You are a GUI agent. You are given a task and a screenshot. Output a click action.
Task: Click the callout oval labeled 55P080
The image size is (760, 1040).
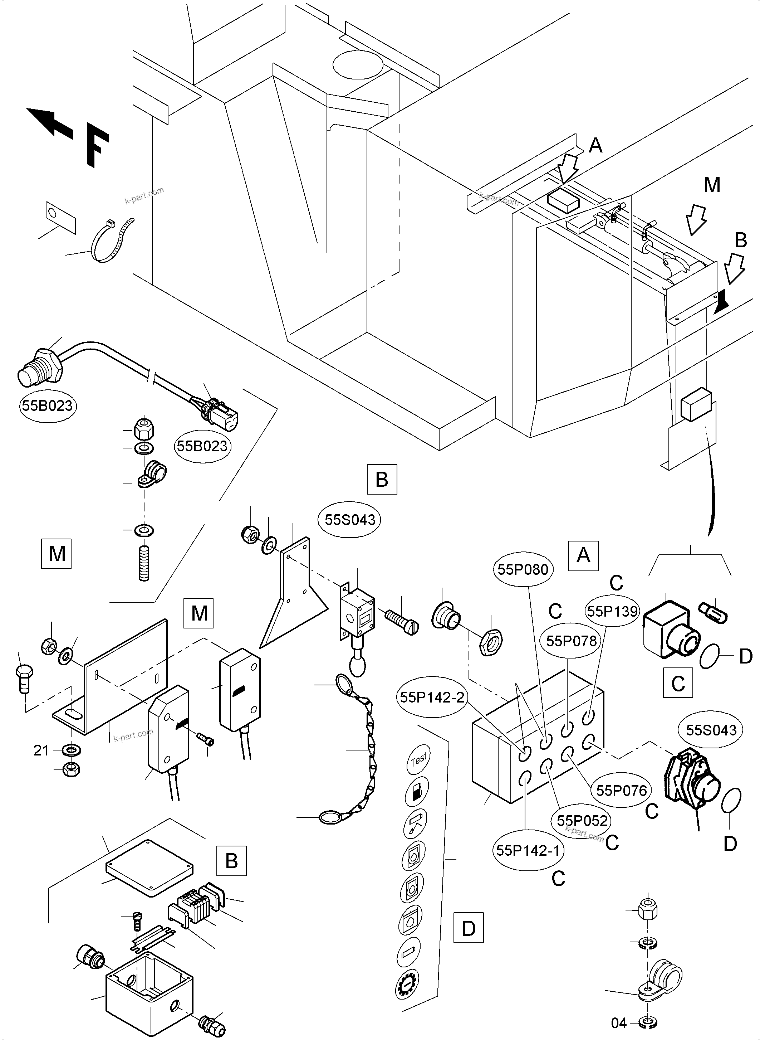(523, 569)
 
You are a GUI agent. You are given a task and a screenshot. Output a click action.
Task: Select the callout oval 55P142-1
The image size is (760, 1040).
(528, 850)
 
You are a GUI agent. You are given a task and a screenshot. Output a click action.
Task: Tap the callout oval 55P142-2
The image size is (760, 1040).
(432, 698)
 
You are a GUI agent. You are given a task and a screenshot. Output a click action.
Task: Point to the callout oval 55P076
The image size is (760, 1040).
(622, 791)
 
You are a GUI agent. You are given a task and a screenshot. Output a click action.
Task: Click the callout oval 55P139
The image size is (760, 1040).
(612, 611)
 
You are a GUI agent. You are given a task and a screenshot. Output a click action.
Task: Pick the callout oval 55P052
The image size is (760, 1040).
(582, 820)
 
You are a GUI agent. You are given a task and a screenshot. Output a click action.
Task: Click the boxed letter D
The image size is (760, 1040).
(468, 929)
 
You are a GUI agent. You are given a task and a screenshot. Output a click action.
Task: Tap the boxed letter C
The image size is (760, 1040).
(678, 683)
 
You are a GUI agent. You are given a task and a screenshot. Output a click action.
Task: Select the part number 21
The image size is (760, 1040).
(41, 751)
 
